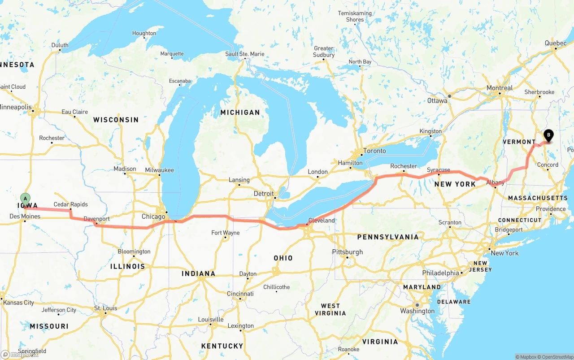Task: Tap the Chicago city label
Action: tap(153, 217)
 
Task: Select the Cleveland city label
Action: tap(322, 221)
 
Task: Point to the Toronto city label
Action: tap(374, 151)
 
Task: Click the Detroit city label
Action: tap(264, 194)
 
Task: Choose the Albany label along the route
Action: tap(496, 182)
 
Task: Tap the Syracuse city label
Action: tap(439, 170)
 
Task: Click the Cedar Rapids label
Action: tap(71, 204)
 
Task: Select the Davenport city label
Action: tap(96, 219)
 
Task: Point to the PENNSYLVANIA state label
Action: tap(387, 237)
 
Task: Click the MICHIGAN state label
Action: tap(240, 112)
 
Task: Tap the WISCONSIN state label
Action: tap(116, 120)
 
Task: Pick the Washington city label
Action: tap(417, 311)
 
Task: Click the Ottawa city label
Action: tap(437, 100)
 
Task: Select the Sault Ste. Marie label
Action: tap(245, 54)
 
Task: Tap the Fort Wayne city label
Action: tap(226, 233)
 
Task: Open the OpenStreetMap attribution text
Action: tap(556, 357)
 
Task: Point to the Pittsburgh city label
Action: tap(348, 252)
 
